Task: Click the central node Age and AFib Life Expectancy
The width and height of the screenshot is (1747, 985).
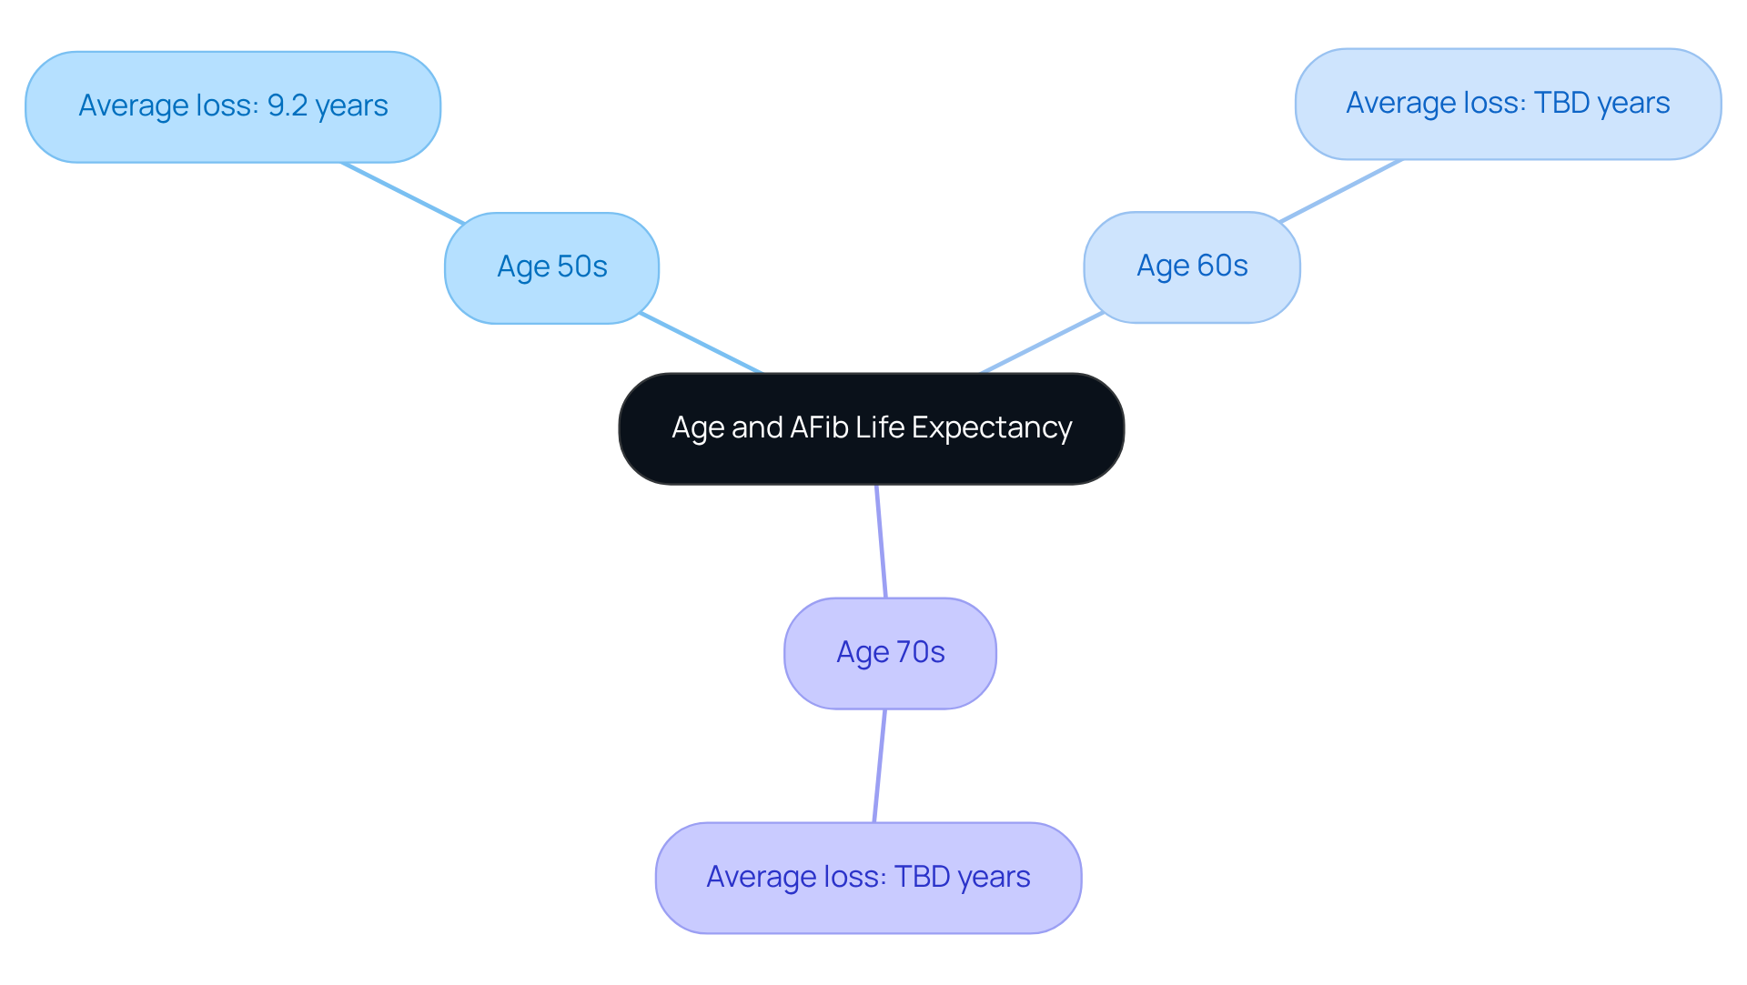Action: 871,428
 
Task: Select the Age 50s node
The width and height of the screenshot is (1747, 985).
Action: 551,267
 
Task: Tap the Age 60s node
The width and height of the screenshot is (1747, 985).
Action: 1191,266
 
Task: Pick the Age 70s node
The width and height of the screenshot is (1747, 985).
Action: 890,653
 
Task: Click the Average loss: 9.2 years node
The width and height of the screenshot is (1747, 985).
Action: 233,106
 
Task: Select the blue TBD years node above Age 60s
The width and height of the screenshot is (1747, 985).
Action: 1508,104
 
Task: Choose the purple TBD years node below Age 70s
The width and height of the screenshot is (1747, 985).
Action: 868,878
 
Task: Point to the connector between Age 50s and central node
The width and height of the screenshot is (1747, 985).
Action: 701,343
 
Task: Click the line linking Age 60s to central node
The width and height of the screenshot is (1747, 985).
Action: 1043,342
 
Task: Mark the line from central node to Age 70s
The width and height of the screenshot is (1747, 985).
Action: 881,541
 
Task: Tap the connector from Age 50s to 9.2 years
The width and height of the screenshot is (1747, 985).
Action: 402,193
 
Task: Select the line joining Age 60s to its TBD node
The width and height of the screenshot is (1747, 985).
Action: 1340,190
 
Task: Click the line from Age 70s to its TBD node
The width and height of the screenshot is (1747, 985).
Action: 879,766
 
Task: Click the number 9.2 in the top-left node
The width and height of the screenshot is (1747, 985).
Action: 287,106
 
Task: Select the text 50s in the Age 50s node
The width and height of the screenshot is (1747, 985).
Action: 581,266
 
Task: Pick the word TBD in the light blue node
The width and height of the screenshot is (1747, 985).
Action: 1561,103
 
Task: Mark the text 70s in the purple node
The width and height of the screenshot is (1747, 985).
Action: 920,652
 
